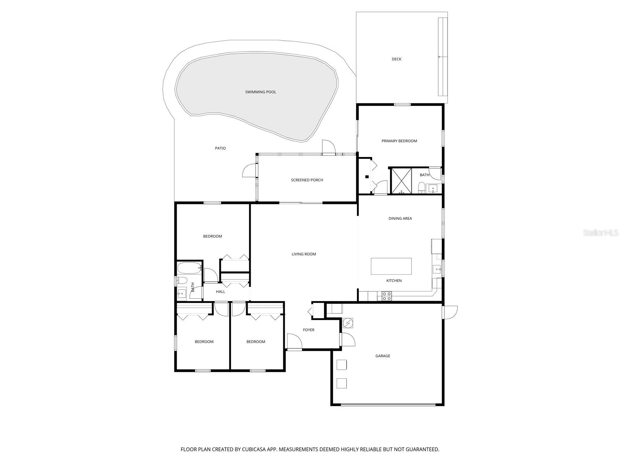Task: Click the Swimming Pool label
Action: point(260,92)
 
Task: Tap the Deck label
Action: point(396,59)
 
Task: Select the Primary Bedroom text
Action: point(399,141)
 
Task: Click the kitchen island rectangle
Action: point(391,266)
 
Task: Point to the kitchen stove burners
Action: point(387,296)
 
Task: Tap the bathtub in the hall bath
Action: point(189,268)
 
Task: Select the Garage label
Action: point(382,356)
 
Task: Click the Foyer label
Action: point(308,330)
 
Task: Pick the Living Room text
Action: point(304,254)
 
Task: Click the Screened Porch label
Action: point(307,180)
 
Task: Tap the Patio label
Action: point(220,148)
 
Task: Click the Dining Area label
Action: point(400,219)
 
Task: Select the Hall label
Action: point(220,292)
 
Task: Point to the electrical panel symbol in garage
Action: point(348,322)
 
